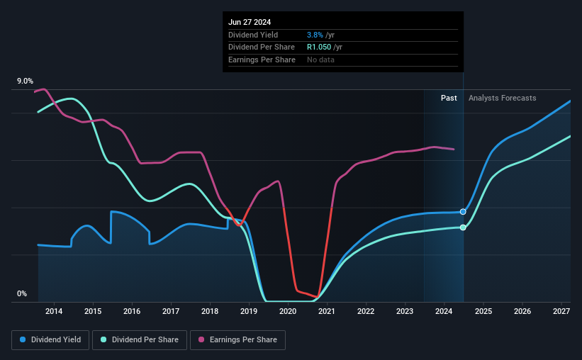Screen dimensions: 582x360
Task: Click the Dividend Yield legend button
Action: [x=50, y=340]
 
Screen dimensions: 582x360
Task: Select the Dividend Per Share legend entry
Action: [x=140, y=340]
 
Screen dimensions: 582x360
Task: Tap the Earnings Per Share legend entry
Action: [x=237, y=340]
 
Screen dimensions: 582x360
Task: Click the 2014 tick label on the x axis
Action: [x=54, y=311]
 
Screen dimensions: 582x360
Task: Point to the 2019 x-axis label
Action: [x=249, y=311]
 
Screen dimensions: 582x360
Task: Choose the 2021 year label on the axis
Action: [x=327, y=311]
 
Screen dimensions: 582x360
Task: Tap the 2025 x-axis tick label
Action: [x=483, y=311]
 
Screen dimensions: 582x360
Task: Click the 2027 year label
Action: [x=561, y=311]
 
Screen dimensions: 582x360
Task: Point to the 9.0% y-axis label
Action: [x=25, y=81]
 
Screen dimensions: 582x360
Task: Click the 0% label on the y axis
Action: [x=22, y=293]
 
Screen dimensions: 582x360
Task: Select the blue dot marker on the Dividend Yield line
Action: [x=463, y=212]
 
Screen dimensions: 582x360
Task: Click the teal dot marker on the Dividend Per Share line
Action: [x=463, y=227]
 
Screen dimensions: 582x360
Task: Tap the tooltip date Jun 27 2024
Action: [x=250, y=22]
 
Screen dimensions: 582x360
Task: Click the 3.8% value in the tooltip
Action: [x=315, y=35]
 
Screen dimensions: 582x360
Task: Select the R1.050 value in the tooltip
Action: [x=319, y=47]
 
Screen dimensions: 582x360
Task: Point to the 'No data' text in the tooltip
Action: [x=320, y=60]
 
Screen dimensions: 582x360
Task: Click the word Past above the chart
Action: [x=449, y=98]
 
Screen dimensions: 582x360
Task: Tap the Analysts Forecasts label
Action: [x=502, y=98]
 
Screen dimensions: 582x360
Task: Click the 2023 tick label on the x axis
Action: [x=405, y=311]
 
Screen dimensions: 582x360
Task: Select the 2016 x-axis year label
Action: [x=132, y=311]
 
